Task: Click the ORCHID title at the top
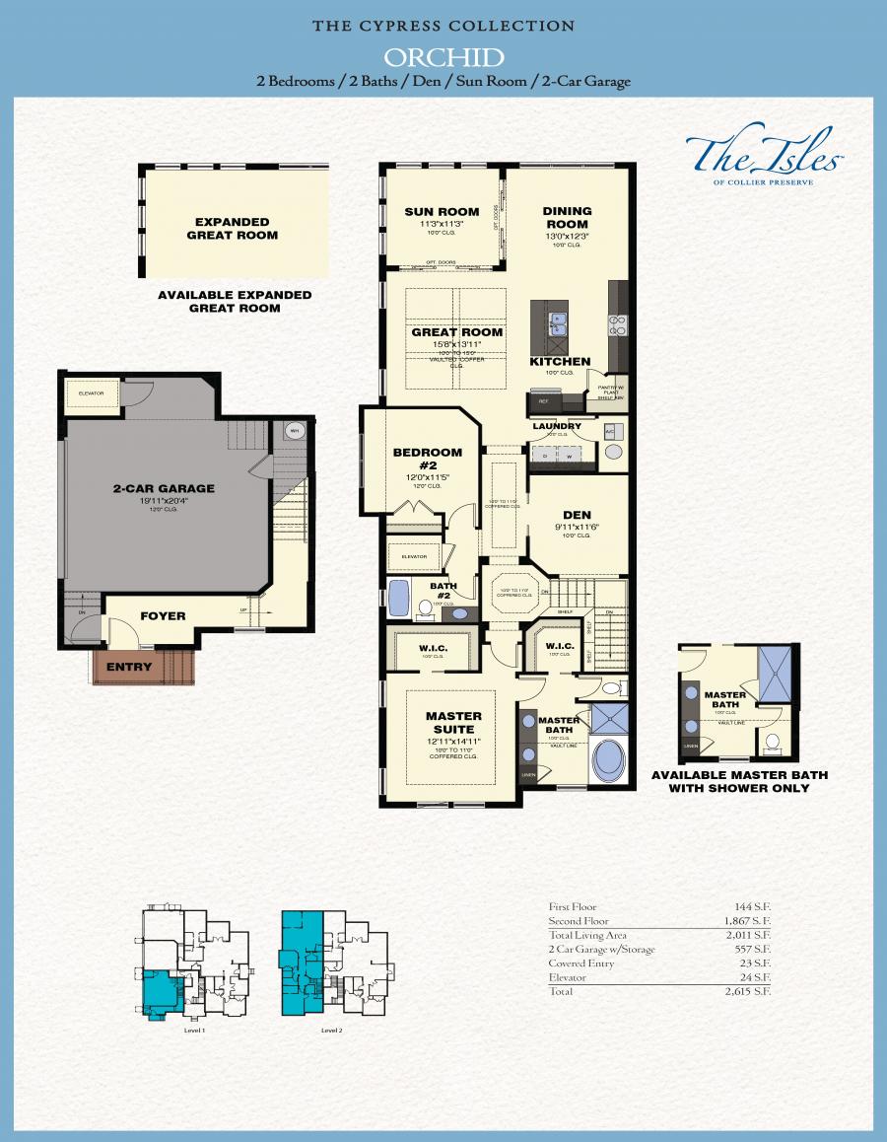[443, 56]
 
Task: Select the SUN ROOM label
[442, 211]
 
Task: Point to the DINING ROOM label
[567, 217]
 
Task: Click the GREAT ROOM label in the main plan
[456, 332]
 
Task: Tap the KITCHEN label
[560, 362]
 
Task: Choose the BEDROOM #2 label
[427, 459]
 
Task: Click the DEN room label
[577, 515]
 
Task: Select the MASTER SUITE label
[453, 722]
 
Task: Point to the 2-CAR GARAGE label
[164, 488]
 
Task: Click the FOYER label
[163, 616]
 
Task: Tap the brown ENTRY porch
[130, 667]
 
